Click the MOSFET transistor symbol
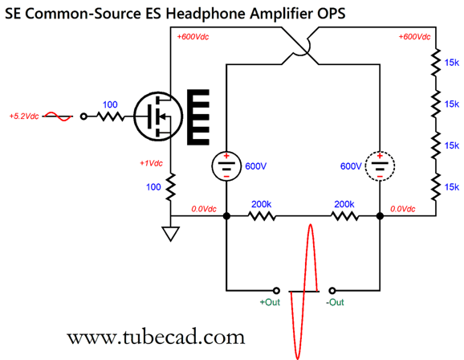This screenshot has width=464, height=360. coord(158,117)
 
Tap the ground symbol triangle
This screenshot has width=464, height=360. coord(170,233)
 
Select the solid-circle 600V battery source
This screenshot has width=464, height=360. coord(226,166)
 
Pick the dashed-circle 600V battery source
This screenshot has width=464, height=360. coord(380,166)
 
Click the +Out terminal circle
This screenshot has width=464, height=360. coord(276,290)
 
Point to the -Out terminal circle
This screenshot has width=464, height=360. coord(332,290)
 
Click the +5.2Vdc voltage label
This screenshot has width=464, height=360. coord(24,117)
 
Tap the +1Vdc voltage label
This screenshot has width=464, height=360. coord(151,163)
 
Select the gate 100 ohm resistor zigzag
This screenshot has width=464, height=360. coord(110,117)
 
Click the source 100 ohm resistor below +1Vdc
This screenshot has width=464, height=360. coord(170,187)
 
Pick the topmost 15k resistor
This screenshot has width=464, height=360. coord(436,63)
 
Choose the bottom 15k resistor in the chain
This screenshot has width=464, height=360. coord(436,187)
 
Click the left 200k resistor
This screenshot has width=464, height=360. coord(262,216)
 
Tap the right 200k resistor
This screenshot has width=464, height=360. coord(344,216)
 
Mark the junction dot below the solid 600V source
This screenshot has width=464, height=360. coord(226,216)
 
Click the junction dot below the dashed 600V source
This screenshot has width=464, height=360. coord(380,216)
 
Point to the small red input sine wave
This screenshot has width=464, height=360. coord(58,117)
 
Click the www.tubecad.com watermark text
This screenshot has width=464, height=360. coord(156,337)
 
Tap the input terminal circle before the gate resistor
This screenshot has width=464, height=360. coord(83,117)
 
